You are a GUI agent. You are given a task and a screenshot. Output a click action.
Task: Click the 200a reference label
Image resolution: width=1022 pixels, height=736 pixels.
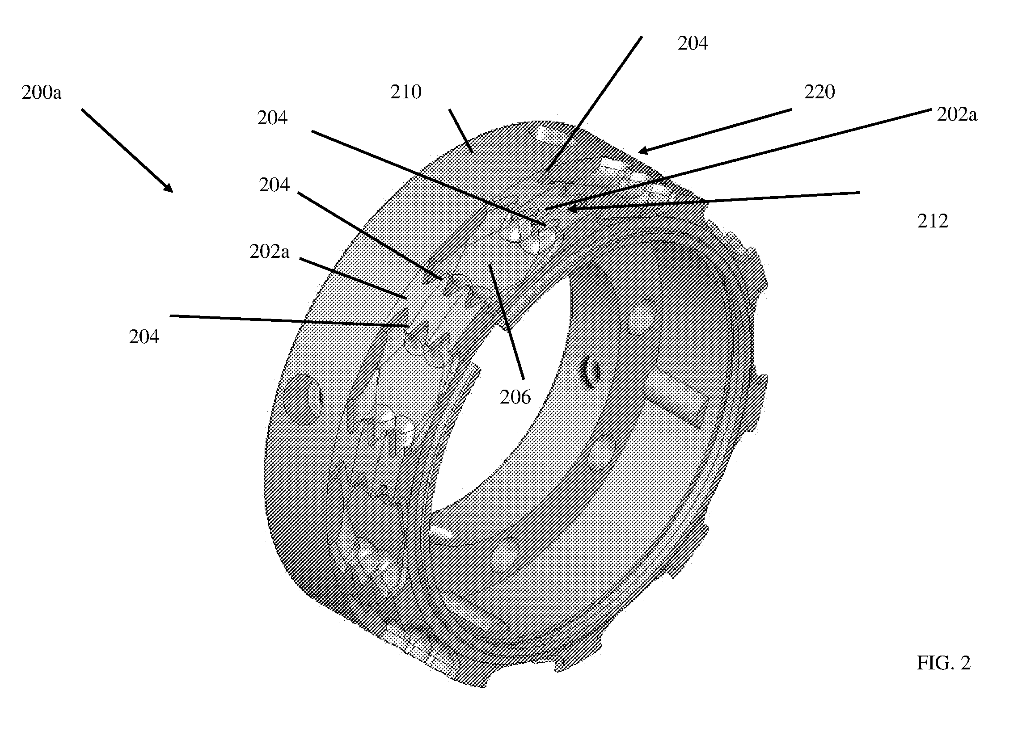[x=42, y=93]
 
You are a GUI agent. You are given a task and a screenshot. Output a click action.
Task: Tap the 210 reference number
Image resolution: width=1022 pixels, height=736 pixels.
[x=405, y=92]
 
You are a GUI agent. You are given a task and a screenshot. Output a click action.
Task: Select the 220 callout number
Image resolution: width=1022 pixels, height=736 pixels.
[x=819, y=92]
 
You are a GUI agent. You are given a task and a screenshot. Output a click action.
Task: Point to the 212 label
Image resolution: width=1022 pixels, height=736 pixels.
[x=933, y=221]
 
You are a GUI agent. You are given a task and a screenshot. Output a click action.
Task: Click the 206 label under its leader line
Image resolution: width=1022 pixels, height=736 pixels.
[x=515, y=397]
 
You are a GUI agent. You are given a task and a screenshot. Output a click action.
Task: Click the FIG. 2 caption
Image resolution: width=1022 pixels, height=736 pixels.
[x=944, y=663]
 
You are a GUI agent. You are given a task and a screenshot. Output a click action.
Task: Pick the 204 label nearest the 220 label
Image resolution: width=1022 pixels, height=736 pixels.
[x=693, y=43]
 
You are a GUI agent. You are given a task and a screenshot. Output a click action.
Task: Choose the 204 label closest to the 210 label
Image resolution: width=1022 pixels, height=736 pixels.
[x=272, y=118]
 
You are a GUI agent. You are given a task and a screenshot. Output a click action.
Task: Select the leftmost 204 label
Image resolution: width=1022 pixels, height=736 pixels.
[x=144, y=337]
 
